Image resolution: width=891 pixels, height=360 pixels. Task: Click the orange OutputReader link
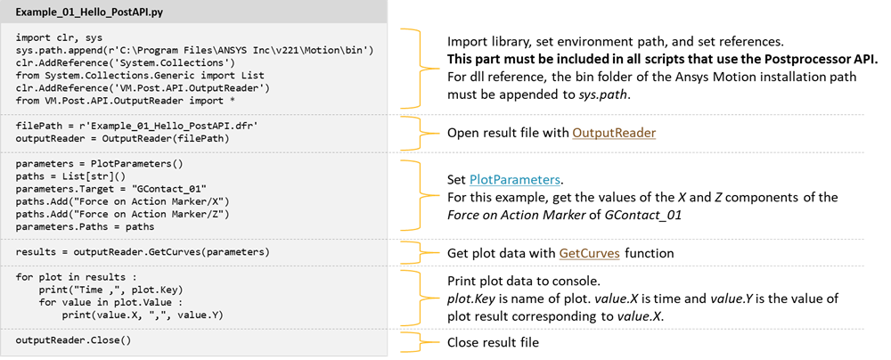(x=601, y=133)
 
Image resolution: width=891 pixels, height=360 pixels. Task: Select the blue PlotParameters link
(x=514, y=180)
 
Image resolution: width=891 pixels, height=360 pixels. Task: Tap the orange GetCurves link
(x=589, y=254)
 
